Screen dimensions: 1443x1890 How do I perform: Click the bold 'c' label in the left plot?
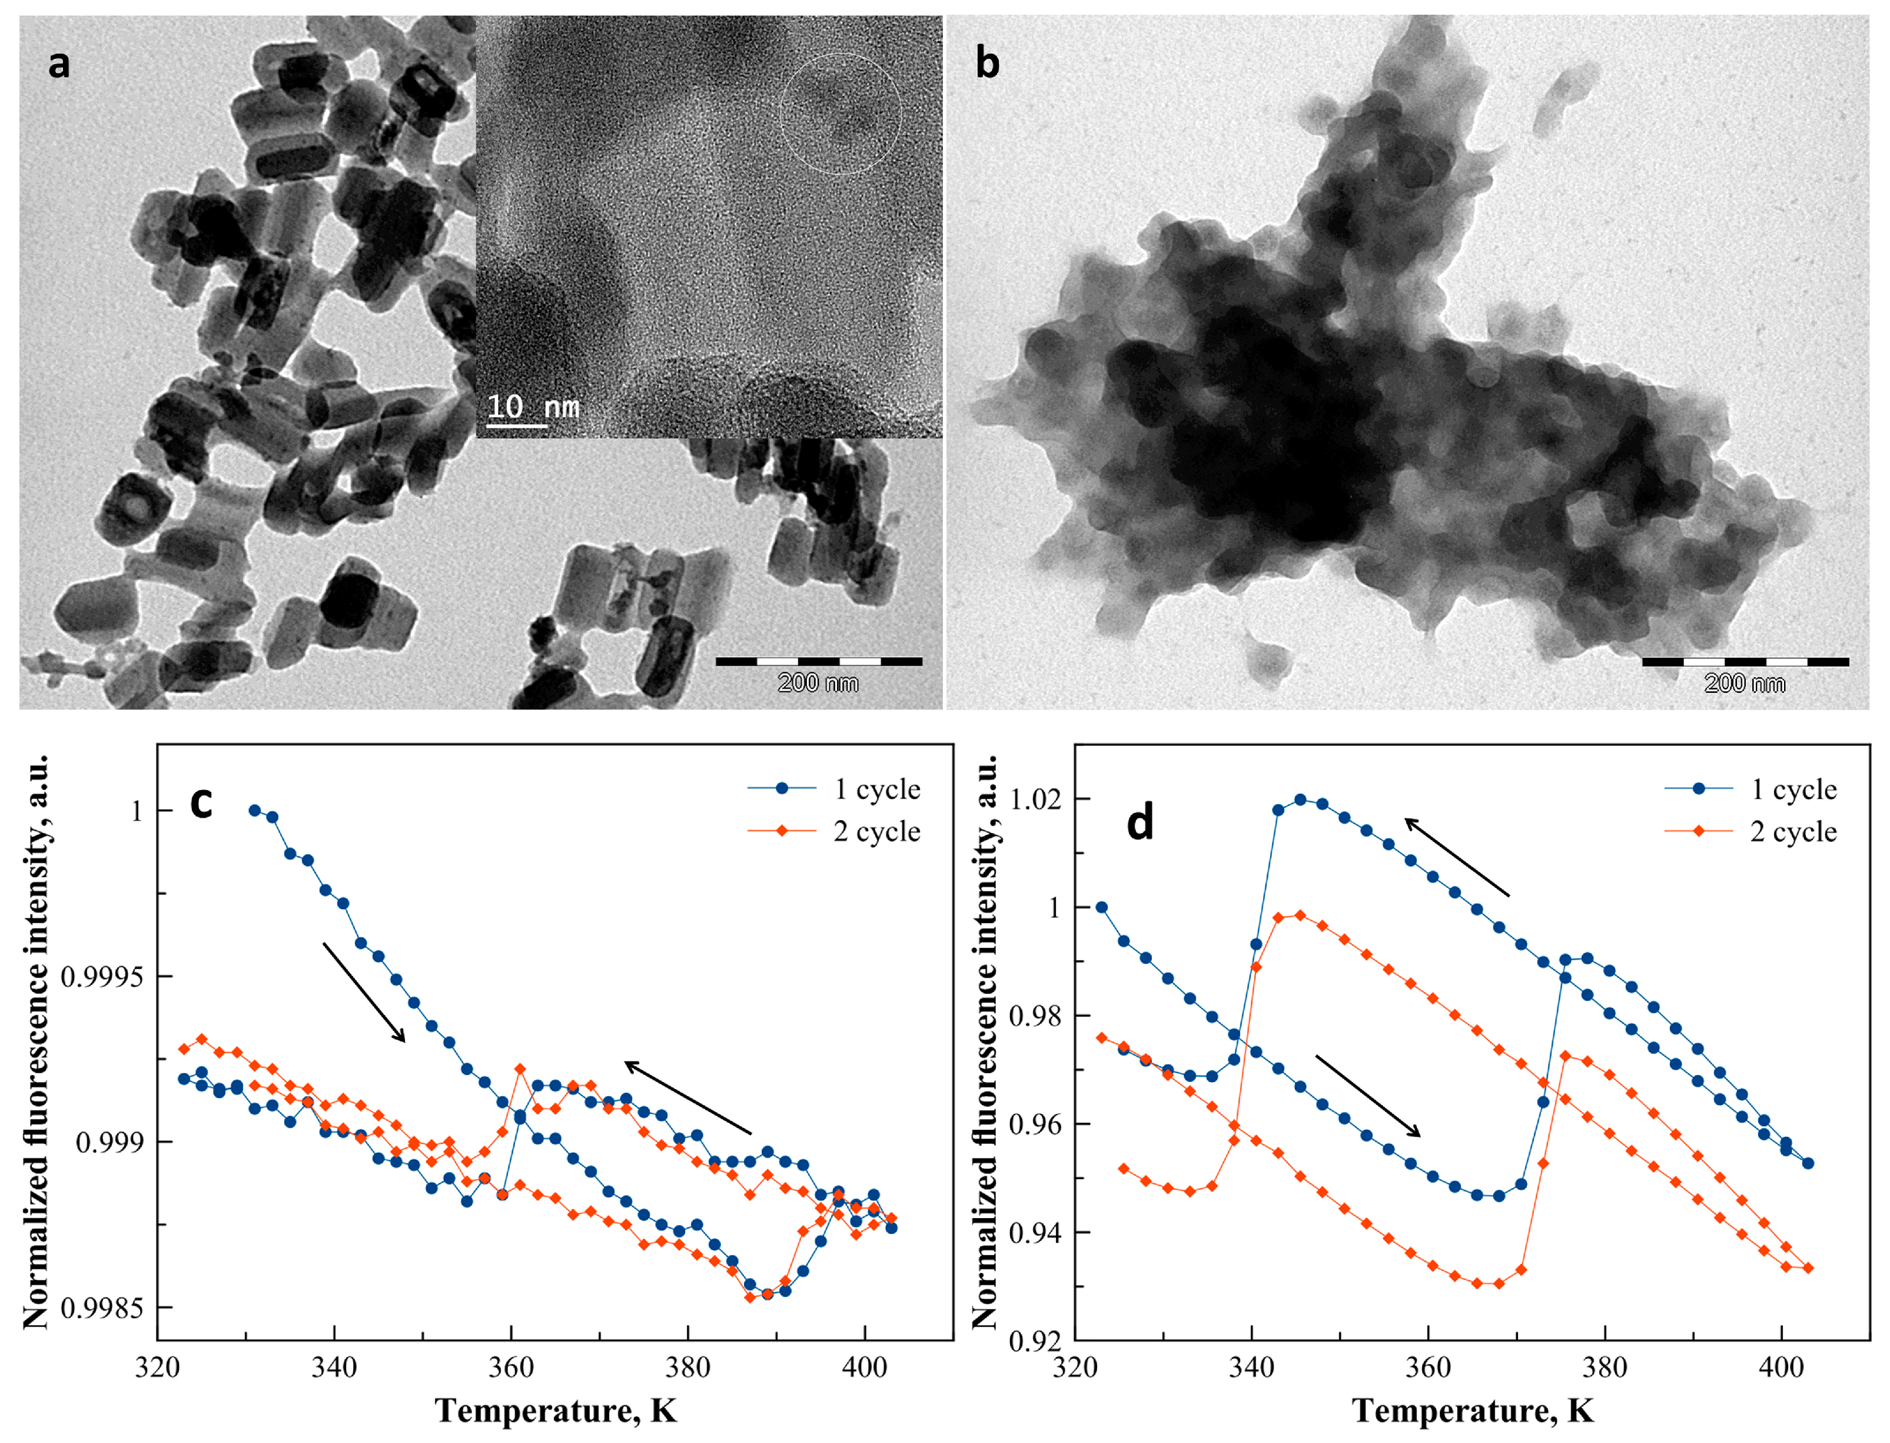201,802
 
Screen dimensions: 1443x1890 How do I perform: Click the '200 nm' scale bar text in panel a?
818,684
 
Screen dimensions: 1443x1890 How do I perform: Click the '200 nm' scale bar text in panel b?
1744,684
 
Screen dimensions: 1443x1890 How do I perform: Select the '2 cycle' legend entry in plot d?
1793,831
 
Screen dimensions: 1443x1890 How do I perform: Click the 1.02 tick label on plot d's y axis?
1035,799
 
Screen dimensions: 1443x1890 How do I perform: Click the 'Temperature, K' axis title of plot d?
1473,1411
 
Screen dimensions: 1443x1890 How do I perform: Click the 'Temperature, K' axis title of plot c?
556,1411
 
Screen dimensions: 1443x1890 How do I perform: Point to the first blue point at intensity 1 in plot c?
254,810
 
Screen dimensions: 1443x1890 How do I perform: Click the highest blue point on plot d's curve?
1300,800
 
